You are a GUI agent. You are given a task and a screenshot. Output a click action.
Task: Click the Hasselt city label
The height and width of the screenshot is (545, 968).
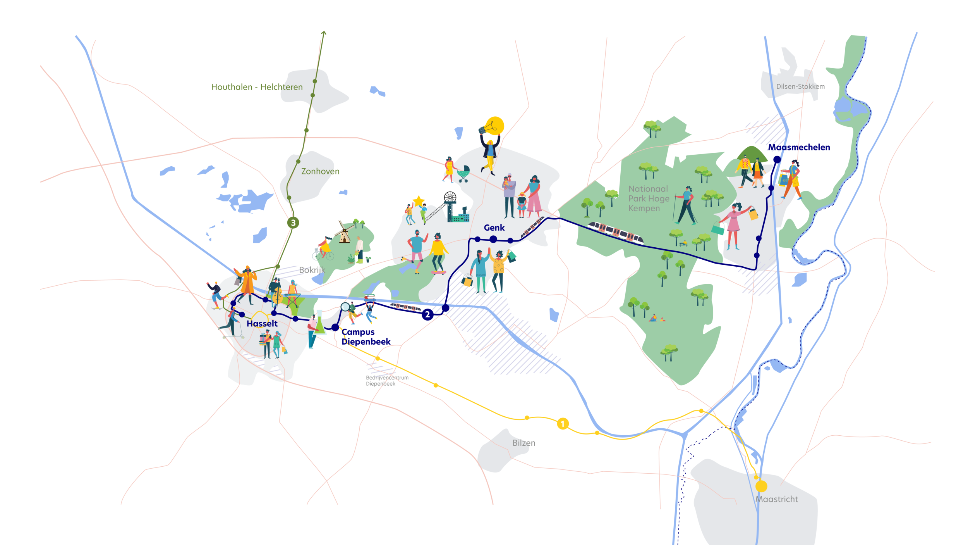[262, 324]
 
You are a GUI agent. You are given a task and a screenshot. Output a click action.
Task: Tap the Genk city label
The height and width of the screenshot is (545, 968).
[494, 228]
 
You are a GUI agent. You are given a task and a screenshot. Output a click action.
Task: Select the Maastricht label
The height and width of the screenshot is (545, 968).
[777, 499]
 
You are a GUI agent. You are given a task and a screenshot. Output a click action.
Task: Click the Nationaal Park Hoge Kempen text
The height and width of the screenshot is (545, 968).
[649, 198]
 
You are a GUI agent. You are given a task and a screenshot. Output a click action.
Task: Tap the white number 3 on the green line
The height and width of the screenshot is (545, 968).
[293, 223]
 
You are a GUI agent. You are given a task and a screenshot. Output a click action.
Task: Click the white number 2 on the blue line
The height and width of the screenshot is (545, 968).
[427, 314]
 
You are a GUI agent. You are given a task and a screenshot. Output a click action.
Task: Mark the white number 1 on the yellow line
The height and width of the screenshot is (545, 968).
[563, 424]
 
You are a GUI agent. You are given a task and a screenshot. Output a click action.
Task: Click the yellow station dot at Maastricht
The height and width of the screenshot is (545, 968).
[761, 486]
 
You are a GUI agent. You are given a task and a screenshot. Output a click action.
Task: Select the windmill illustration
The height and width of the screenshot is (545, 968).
[343, 233]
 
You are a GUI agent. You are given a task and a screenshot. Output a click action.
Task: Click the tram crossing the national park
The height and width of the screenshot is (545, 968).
[616, 232]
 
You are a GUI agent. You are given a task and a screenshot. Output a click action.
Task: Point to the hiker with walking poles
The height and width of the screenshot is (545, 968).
[686, 205]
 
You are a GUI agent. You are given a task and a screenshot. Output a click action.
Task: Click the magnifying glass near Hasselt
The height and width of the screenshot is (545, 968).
[345, 307]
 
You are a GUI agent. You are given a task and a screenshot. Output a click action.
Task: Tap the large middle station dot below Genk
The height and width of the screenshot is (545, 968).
[493, 239]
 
